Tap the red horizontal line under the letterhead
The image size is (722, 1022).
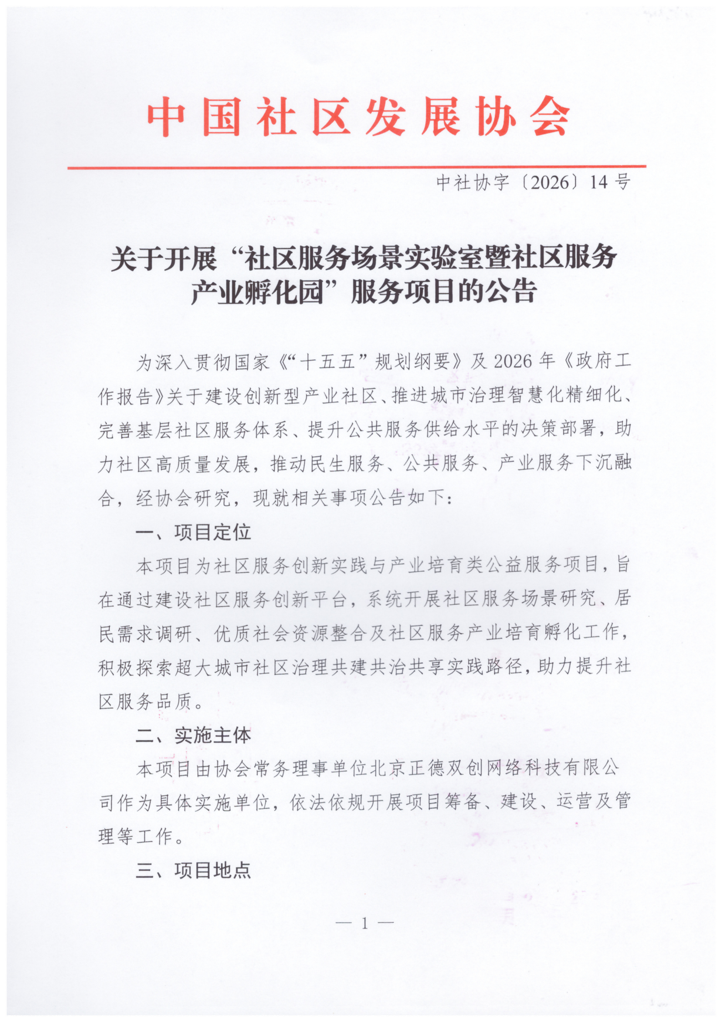357,167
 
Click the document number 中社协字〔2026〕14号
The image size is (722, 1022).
533,183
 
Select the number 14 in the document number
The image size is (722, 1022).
598,183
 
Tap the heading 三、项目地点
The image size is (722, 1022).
193,870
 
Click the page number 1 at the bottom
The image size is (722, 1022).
364,923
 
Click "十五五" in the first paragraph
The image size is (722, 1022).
328,362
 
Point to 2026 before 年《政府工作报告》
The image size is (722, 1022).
513,362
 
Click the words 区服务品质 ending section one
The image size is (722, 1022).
145,702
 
